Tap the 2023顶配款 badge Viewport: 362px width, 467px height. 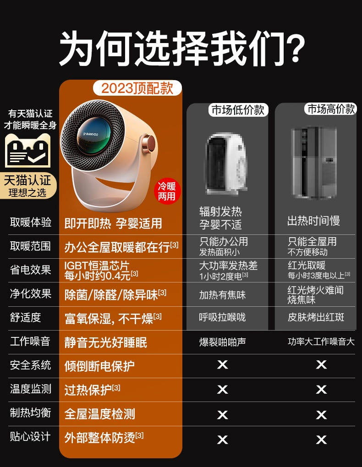[x=137, y=88]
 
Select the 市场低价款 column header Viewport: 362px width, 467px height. [x=238, y=110]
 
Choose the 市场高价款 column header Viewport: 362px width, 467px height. [x=331, y=109]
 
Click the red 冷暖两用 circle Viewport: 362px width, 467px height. [x=167, y=191]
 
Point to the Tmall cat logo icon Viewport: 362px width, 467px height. [x=28, y=151]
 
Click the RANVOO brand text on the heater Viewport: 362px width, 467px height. [x=91, y=134]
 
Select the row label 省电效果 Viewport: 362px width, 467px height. [x=30, y=270]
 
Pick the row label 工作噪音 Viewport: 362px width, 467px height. [x=30, y=341]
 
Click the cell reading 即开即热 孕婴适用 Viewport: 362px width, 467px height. [x=113, y=223]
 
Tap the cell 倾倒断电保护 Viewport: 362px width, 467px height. [x=99, y=366]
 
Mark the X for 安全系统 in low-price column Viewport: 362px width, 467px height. [x=222, y=364]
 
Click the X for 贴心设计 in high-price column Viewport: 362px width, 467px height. [x=321, y=440]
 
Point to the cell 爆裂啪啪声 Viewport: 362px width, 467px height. [x=222, y=342]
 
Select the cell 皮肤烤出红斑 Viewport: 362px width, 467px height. [x=316, y=317]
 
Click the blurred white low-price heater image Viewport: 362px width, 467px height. [x=226, y=163]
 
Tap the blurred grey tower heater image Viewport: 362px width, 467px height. [x=314, y=163]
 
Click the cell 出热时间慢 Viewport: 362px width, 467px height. [x=314, y=221]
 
